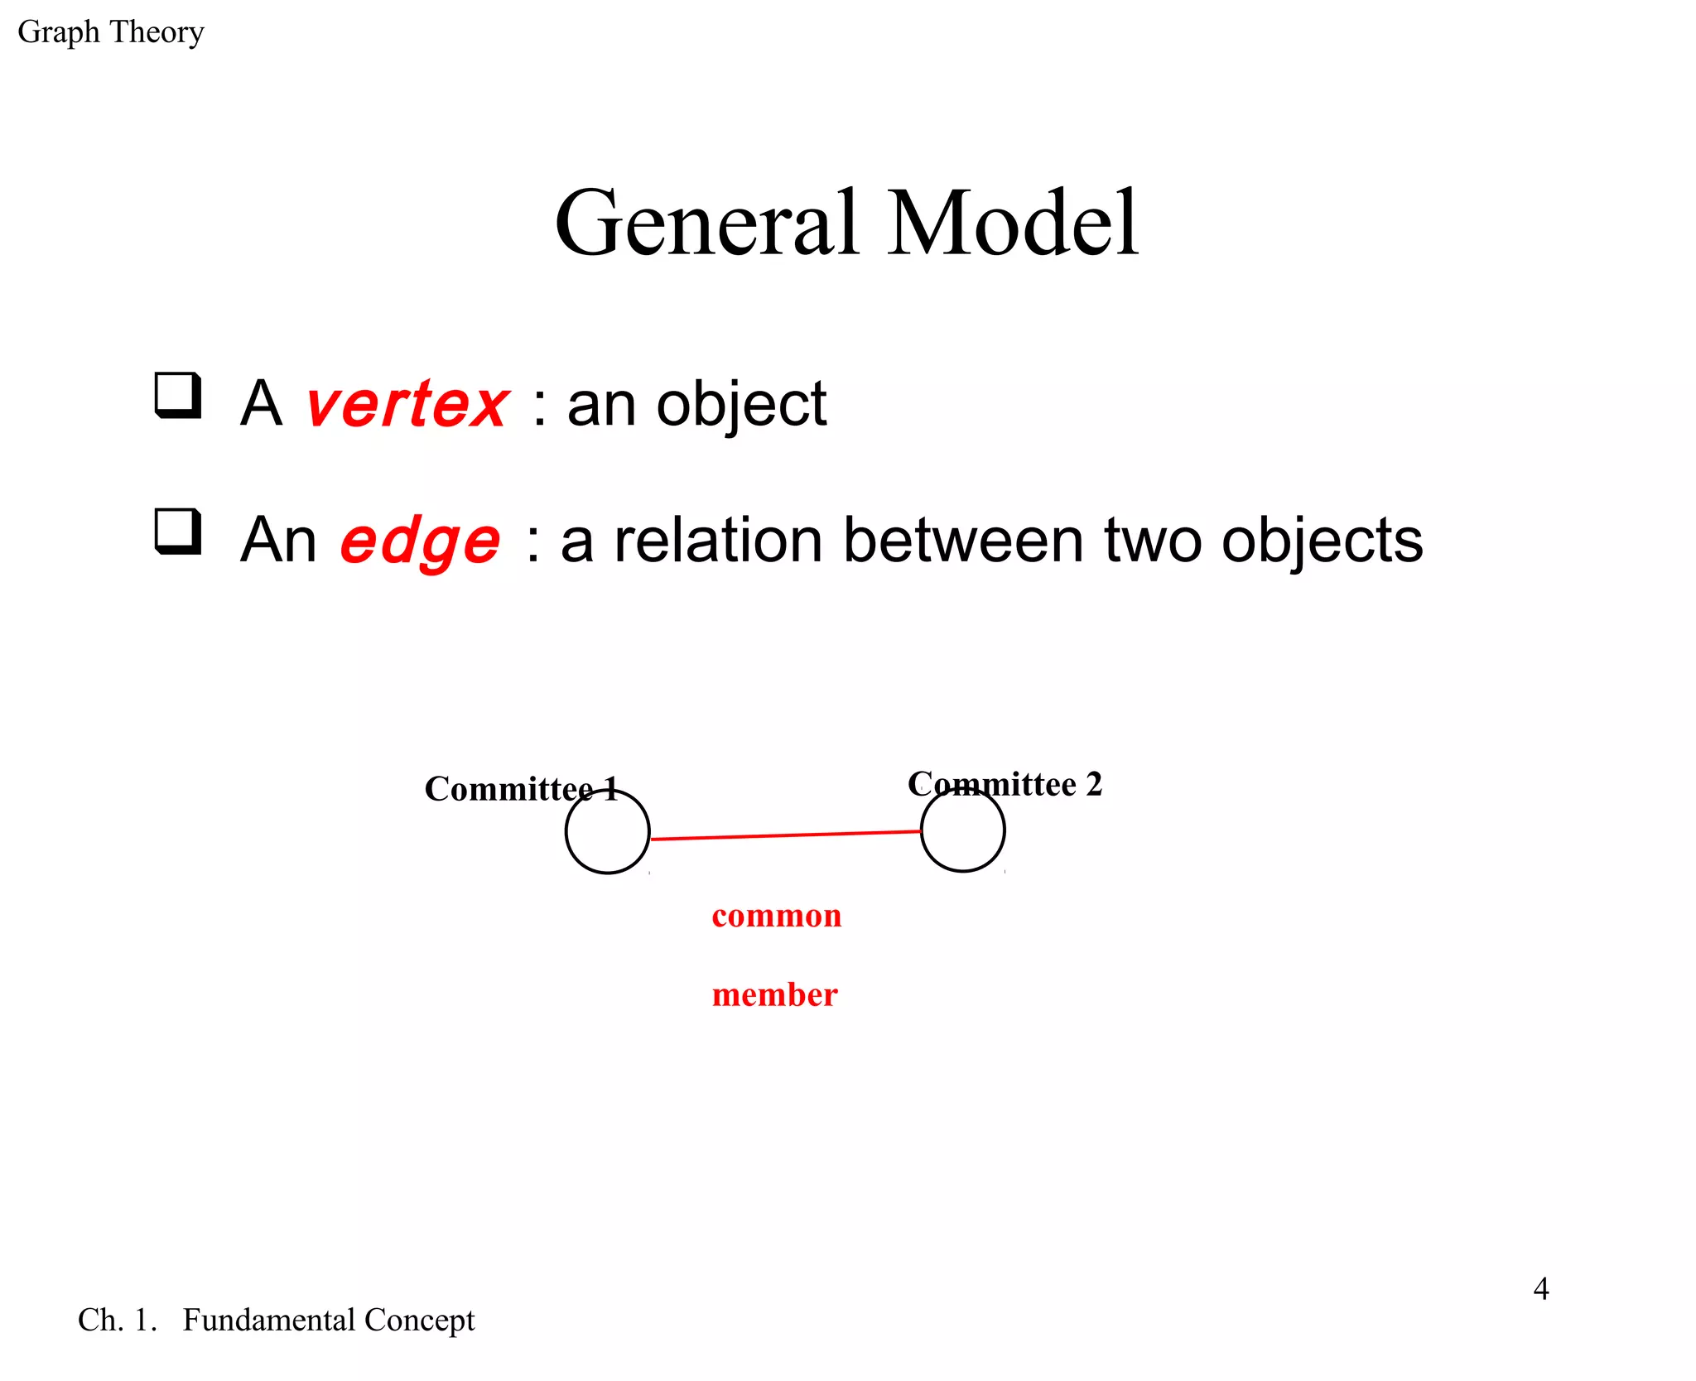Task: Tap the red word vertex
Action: tap(407, 405)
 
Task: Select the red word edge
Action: tap(420, 541)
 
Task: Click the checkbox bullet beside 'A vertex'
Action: tap(178, 396)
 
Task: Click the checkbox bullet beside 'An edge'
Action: tap(178, 532)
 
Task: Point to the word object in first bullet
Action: tap(740, 405)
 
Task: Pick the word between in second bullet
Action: tap(962, 541)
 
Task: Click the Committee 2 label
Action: tap(1005, 783)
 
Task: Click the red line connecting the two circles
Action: tap(785, 835)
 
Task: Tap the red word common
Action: tap(776, 916)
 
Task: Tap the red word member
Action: tap(774, 994)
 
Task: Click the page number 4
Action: tap(1540, 1288)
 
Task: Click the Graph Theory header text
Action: tap(110, 32)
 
